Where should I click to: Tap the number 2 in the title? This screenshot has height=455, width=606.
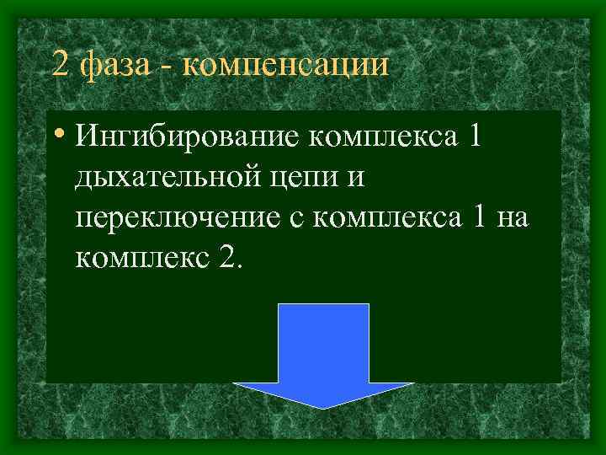[x=59, y=64]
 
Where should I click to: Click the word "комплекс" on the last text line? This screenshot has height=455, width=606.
[x=140, y=259]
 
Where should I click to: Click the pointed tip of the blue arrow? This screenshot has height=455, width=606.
[x=324, y=407]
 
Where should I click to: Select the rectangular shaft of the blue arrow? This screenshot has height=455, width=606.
[x=324, y=341]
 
